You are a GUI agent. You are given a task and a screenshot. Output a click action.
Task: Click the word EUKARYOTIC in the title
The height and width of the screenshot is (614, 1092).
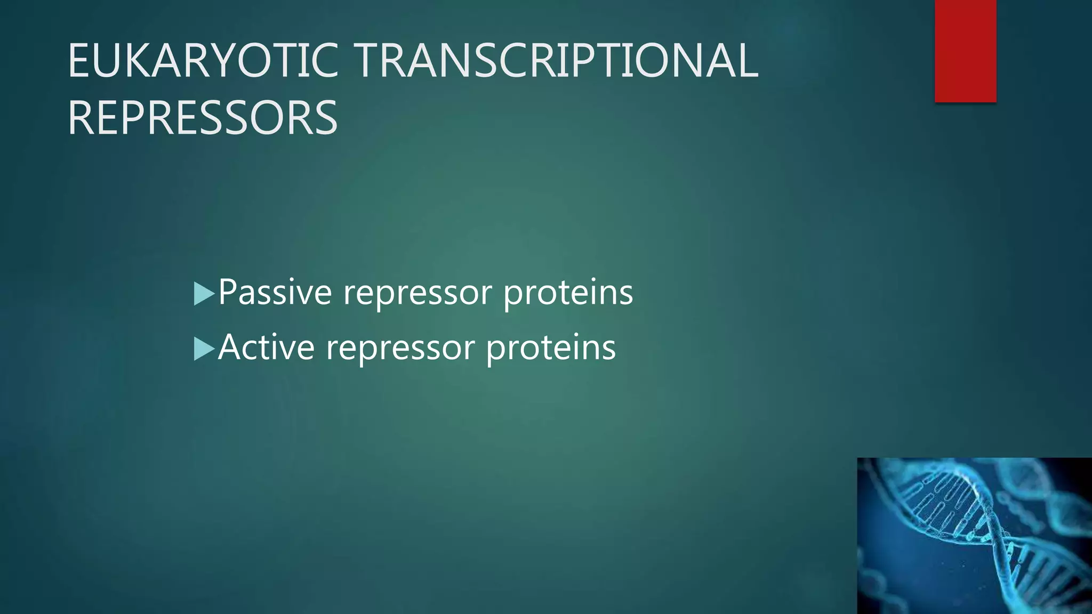click(203, 61)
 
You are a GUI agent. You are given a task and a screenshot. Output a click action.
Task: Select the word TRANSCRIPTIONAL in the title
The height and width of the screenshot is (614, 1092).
click(557, 61)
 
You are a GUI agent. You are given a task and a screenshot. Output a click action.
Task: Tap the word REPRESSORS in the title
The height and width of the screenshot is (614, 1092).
click(203, 118)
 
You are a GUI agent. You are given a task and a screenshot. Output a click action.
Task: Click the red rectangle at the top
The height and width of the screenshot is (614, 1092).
click(965, 51)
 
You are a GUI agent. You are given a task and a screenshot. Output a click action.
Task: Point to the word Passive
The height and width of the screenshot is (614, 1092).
click(275, 293)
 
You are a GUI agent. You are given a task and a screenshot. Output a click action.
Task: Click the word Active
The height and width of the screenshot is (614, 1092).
click(266, 348)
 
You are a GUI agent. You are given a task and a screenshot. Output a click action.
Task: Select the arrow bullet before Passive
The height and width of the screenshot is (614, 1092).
click(204, 294)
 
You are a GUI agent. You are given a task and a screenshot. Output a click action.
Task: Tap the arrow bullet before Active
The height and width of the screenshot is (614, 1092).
click(204, 349)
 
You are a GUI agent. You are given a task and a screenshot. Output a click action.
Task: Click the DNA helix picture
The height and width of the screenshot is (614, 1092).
click(974, 536)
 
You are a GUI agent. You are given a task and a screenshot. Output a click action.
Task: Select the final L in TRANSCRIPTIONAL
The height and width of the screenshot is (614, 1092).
click(746, 61)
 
